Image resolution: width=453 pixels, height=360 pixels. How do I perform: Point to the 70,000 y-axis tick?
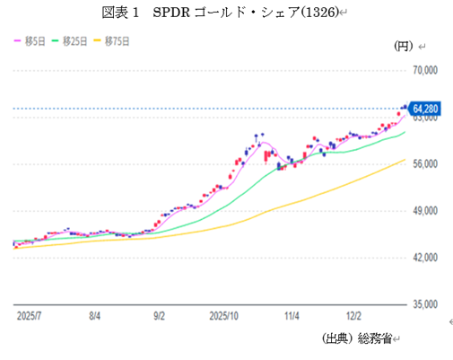tap(422, 70)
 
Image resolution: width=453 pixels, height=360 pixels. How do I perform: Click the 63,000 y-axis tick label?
tap(422, 118)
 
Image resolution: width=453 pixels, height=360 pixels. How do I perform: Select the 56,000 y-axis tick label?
tap(422, 164)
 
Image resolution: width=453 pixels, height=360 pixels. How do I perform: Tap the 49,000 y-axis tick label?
tap(422, 211)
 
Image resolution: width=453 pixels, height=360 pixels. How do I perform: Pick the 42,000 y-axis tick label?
tap(422, 258)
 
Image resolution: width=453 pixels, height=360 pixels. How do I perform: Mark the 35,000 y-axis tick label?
tap(422, 304)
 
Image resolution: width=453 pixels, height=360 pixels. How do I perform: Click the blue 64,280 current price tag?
tap(423, 107)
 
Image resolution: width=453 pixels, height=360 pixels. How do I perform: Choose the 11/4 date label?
tap(292, 317)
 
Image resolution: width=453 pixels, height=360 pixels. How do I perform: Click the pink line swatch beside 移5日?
tap(17, 40)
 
